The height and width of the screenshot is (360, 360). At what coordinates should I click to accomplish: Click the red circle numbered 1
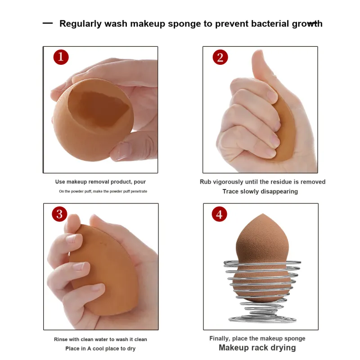coord(61,57)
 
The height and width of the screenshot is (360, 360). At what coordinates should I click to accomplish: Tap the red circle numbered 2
coord(220,57)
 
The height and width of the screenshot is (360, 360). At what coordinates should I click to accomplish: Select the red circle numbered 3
coord(59,214)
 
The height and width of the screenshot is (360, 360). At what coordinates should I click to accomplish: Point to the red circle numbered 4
coord(219,214)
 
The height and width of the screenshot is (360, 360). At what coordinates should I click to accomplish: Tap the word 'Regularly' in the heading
coord(81,24)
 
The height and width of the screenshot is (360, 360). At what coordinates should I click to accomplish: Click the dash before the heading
coord(48,23)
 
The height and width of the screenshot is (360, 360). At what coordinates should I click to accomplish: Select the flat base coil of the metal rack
coord(262,319)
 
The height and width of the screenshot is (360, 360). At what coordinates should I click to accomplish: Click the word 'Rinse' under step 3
coord(61,339)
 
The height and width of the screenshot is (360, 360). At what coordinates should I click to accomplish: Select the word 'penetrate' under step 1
coord(139,191)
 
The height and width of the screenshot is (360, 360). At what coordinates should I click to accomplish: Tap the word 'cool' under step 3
coord(98,348)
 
